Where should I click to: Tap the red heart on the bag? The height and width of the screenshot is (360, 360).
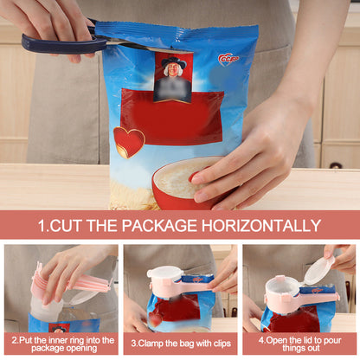pos(129,141)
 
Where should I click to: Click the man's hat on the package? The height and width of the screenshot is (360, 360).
pos(173,61)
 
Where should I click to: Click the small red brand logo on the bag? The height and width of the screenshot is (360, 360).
pos(228,58)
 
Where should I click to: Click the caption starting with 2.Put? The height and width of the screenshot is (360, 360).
pos(61,344)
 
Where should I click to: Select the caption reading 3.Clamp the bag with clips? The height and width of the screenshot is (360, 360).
pos(180,344)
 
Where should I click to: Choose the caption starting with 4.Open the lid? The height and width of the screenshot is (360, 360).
pos(299,344)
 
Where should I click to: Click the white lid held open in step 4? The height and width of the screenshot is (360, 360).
pos(318,269)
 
